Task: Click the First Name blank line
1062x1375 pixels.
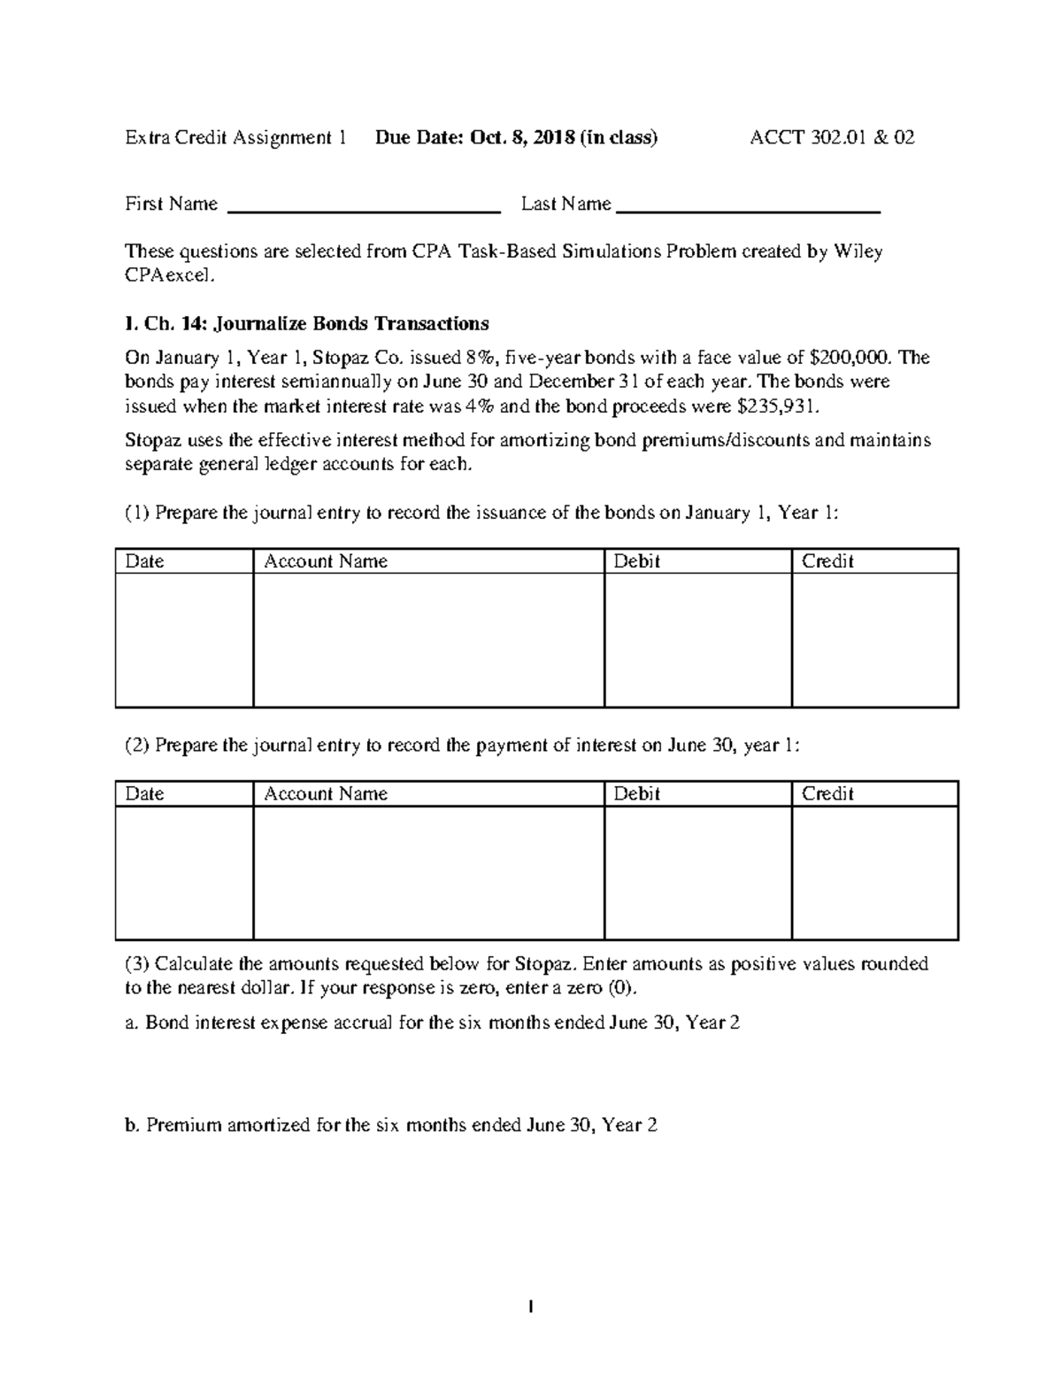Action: (x=365, y=211)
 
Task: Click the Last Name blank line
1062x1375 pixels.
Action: (x=748, y=211)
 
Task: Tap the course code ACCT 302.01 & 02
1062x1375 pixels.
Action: (x=832, y=137)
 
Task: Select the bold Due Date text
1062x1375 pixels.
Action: (x=516, y=137)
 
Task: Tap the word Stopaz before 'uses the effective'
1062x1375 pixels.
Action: (x=154, y=440)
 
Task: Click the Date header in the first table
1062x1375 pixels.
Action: (x=144, y=561)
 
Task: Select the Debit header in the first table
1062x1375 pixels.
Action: (x=636, y=561)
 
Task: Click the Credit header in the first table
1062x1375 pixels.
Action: (x=827, y=561)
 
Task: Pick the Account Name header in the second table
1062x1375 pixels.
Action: (x=326, y=793)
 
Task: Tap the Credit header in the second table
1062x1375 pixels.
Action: (x=827, y=793)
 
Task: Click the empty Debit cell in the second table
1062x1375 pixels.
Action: (x=697, y=872)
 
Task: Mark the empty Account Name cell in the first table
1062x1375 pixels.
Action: (x=428, y=639)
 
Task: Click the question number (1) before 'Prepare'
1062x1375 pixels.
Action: (x=137, y=513)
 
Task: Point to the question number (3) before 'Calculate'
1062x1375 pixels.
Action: (x=137, y=963)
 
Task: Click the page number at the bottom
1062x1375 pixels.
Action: (x=530, y=1306)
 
